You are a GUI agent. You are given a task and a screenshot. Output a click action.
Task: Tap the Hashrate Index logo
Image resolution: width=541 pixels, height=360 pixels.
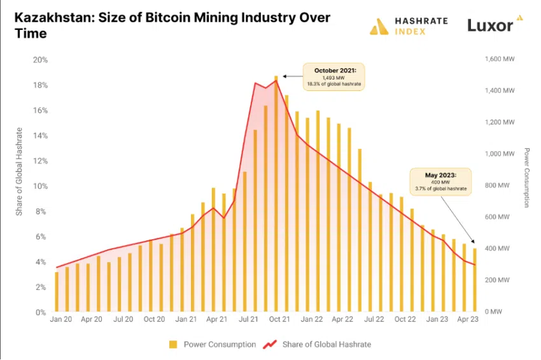click(409, 25)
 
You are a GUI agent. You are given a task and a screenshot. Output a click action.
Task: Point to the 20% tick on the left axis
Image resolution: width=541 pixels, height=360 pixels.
click(41, 60)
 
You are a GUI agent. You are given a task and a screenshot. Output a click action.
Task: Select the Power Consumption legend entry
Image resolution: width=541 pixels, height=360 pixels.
click(213, 344)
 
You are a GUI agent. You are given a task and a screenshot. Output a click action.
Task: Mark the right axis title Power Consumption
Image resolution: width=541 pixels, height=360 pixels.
click(527, 177)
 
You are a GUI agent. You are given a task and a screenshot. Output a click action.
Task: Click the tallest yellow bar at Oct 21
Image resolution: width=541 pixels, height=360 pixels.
click(276, 194)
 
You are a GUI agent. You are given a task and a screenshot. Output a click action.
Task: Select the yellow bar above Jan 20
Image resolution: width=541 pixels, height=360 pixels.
click(57, 292)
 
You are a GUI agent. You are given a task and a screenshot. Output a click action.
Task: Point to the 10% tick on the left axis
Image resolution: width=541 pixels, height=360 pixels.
click(41, 186)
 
